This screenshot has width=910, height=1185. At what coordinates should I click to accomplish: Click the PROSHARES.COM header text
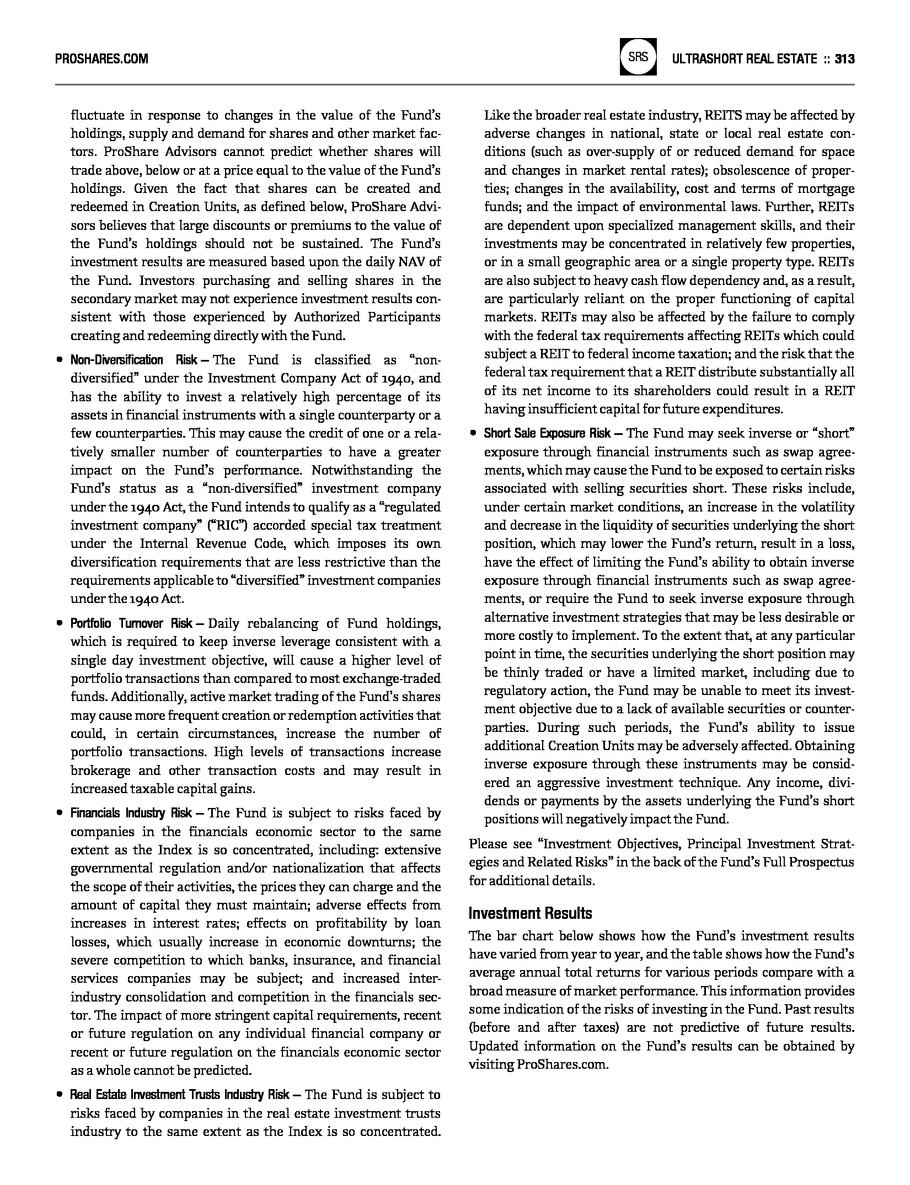point(101,58)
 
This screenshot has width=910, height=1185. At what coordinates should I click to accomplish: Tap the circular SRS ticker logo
point(638,57)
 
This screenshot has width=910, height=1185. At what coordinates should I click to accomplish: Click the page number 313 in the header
point(844,58)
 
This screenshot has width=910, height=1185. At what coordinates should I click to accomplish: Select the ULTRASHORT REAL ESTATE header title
point(744,58)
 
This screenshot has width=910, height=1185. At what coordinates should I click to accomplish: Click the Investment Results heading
point(530,913)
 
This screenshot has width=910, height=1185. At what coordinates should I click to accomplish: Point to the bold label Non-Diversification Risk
point(133,360)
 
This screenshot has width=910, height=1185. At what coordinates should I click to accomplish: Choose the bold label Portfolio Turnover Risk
point(131,624)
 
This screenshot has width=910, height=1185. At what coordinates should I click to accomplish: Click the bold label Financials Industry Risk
point(131,813)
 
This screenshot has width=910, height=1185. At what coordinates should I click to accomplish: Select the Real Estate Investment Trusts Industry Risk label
point(179,1095)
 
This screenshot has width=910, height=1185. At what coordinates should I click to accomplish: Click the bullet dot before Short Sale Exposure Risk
point(473,433)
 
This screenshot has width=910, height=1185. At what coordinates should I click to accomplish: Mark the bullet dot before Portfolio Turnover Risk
point(58,624)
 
